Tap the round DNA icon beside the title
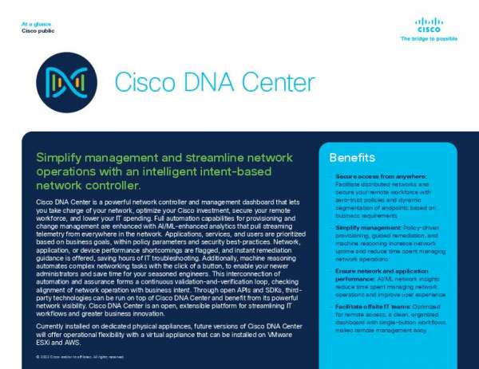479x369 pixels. click(x=67, y=82)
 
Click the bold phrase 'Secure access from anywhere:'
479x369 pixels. click(x=370, y=176)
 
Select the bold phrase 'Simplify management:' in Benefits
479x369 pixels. click(x=361, y=227)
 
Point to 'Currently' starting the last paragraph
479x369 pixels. click(x=53, y=327)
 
